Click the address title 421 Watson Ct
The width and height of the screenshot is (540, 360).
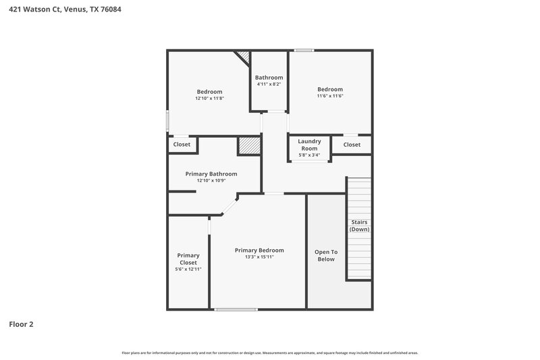coord(66,10)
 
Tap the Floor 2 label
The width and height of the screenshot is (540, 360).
coord(21,324)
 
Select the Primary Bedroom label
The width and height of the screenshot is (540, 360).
coord(259,250)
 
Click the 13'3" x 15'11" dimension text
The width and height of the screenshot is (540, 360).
coord(259,257)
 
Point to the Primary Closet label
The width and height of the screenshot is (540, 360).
coord(188,259)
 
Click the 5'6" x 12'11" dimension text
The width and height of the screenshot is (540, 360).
coord(188,269)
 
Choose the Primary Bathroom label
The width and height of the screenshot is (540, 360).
coord(211,174)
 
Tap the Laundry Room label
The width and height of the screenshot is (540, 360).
coord(309,145)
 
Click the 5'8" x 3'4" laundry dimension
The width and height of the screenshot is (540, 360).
coord(309,155)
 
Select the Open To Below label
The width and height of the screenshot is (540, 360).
coord(325,255)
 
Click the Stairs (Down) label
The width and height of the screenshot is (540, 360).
coord(359,226)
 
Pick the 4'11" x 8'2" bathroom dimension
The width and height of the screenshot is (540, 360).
coord(269,84)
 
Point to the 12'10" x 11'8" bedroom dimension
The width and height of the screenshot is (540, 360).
coord(209,99)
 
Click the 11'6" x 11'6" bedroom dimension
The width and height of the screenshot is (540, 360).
coord(330,96)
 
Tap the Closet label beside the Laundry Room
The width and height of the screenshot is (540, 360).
coord(352,145)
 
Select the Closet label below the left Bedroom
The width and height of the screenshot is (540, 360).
coord(182,145)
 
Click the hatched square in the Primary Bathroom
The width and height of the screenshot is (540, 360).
coord(248,146)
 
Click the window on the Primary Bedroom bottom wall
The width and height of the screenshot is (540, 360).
coord(236,309)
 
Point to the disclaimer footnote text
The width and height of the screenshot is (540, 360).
coord(269,353)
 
